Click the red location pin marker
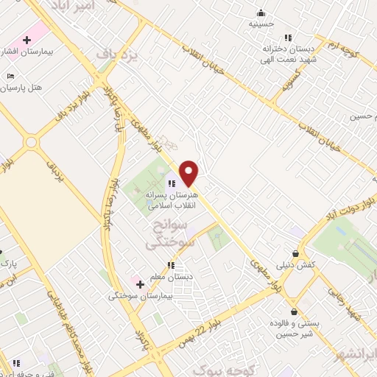click(189, 173)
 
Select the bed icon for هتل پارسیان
click(10, 76)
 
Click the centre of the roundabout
click(32, 142)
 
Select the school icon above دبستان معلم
click(171, 265)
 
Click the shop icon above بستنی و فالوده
click(294, 311)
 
